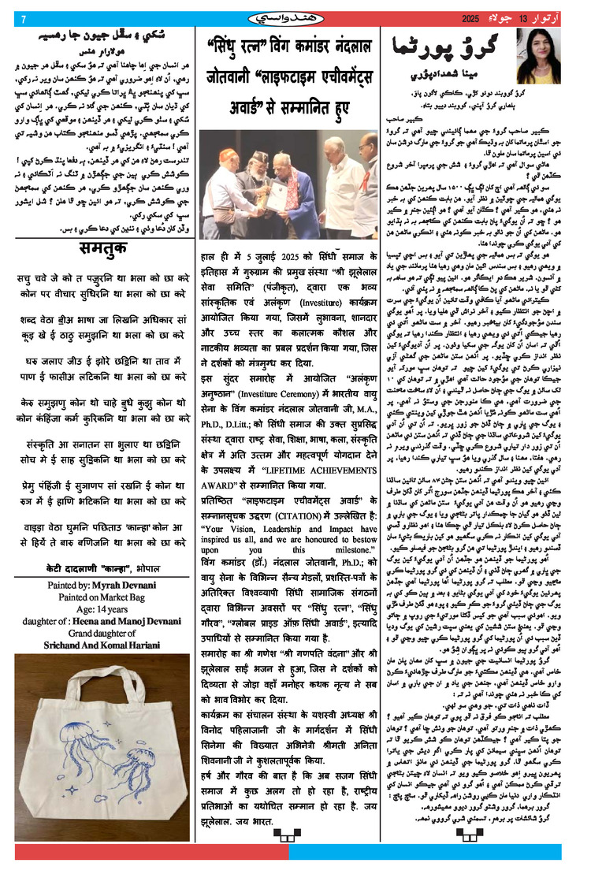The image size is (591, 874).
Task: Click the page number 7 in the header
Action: [24, 19]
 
